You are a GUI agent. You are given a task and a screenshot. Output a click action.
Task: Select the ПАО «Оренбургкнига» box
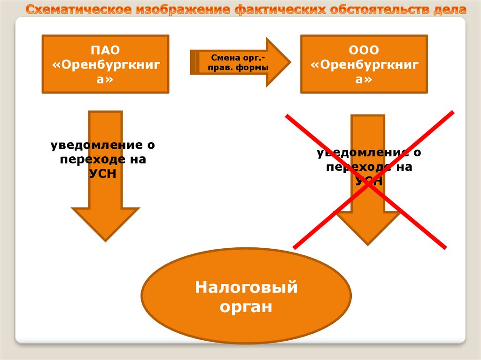pyautogui.click(x=105, y=64)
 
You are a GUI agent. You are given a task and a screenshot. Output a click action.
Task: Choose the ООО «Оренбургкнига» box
pyautogui.click(x=364, y=64)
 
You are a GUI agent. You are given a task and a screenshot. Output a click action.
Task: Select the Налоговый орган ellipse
pyautogui.click(x=246, y=296)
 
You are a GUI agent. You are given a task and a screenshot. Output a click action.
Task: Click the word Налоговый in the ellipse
pyautogui.click(x=246, y=286)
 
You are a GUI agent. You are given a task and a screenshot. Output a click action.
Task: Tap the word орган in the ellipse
pyautogui.click(x=246, y=307)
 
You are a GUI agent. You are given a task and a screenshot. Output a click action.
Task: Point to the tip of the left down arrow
pyautogui.click(x=105, y=239)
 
